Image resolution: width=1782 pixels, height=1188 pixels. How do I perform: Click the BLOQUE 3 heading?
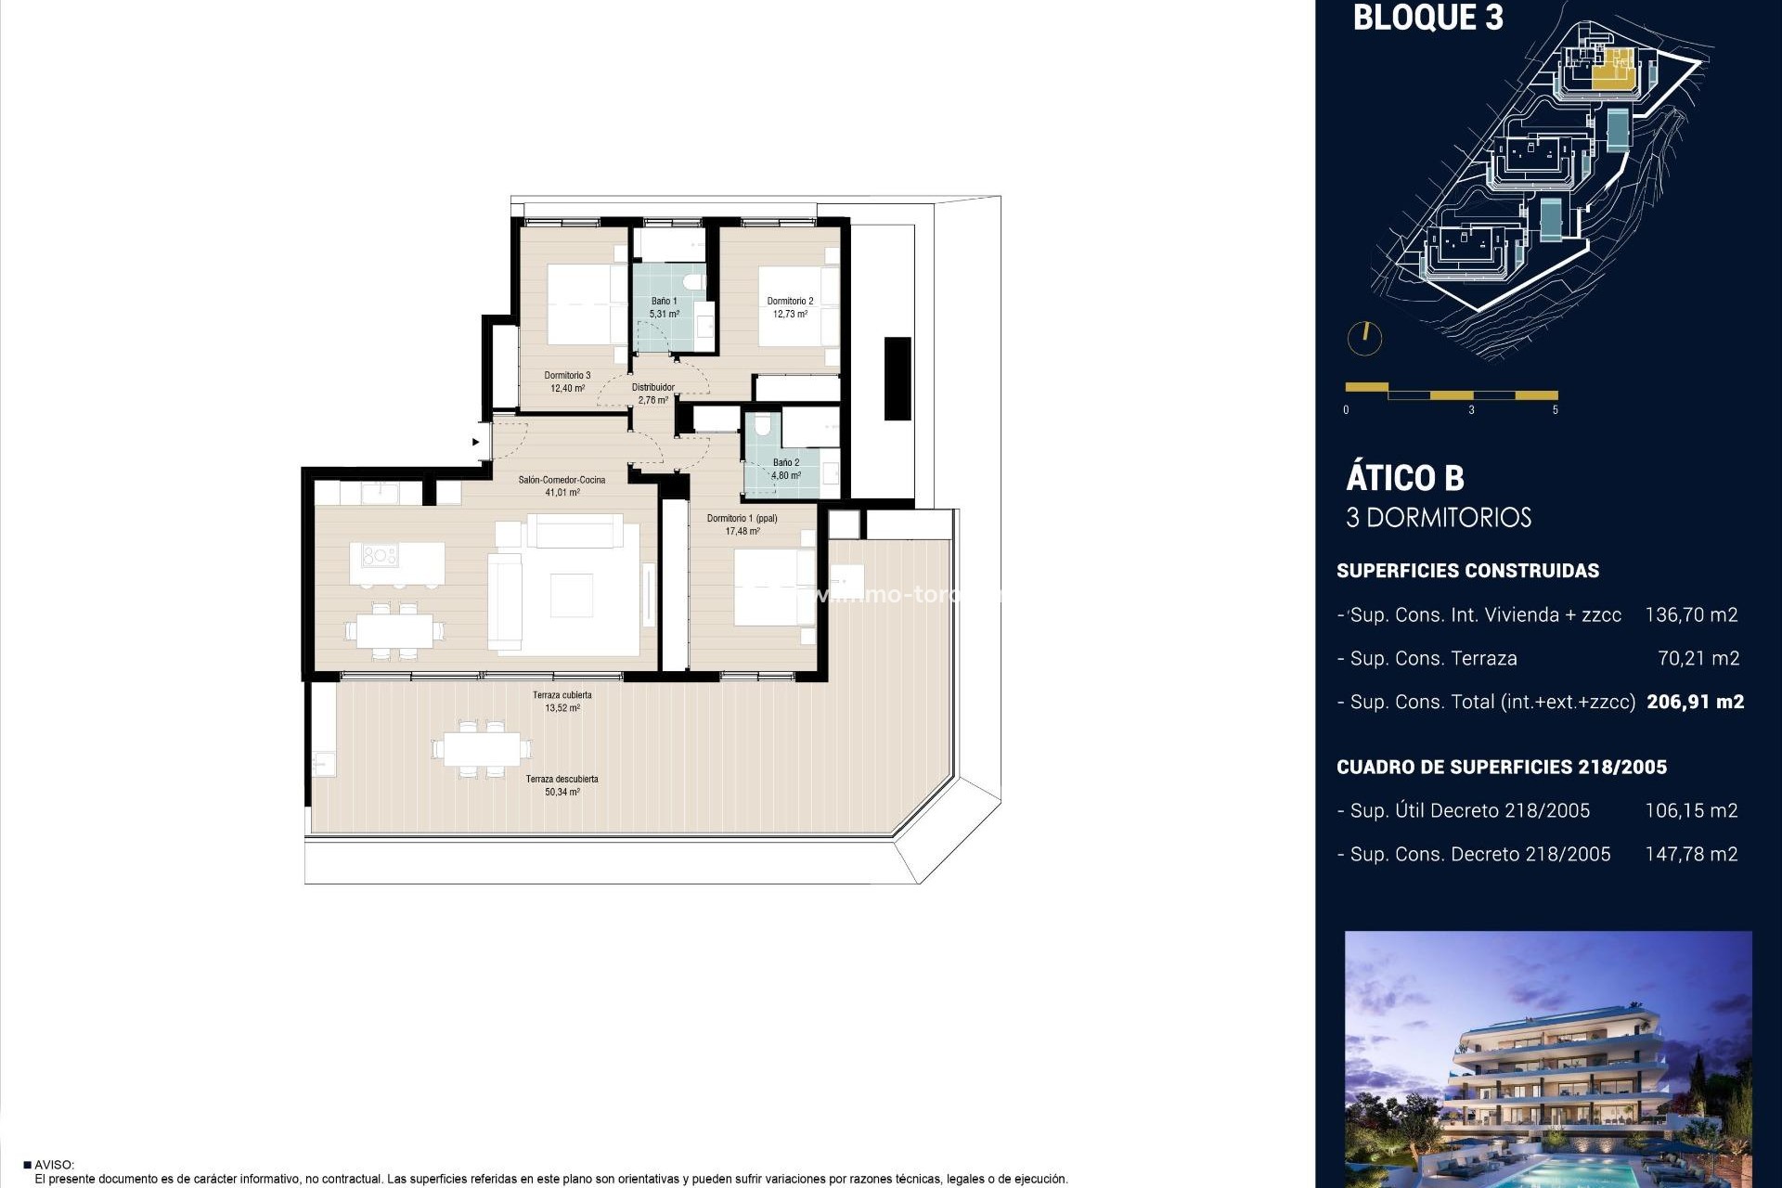[x=1427, y=18]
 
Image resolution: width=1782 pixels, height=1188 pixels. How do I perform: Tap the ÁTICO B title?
[x=1404, y=478]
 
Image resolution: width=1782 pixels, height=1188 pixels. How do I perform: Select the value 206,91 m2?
[x=1695, y=702]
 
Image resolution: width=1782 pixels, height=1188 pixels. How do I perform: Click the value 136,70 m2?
[x=1691, y=614]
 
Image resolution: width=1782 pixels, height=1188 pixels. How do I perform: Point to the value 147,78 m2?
[x=1691, y=854]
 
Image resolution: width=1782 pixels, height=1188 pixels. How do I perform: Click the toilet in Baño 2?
[x=763, y=426]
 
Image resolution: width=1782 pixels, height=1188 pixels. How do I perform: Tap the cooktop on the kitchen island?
[x=380, y=556]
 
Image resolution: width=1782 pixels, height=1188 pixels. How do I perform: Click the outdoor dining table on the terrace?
[x=482, y=748]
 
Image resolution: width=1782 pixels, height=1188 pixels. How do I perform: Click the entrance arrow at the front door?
[x=476, y=442]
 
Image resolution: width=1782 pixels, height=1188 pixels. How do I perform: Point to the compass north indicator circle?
[x=1364, y=338]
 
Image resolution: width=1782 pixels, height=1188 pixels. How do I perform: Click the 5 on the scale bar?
[x=1555, y=409]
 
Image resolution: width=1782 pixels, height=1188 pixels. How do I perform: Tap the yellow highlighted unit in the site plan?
[x=1613, y=70]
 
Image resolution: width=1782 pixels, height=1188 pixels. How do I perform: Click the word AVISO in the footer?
[x=53, y=1165]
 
